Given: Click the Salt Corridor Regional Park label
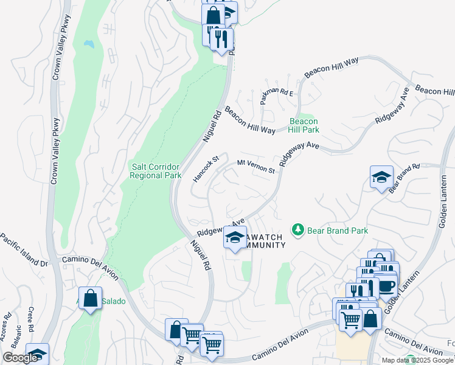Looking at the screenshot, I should (156, 171).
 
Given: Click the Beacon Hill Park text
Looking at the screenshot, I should (304, 125).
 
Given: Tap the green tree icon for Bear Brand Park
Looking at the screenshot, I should (298, 229).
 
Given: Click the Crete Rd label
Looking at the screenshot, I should (30, 318).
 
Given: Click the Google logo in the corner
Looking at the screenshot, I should (20, 358).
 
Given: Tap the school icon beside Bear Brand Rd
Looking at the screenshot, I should (381, 177).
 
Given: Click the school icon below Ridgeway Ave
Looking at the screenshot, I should (234, 238).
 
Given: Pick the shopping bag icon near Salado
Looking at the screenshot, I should (90, 299).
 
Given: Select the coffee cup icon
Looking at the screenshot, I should (386, 285).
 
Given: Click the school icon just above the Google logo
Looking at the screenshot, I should (36, 354).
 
